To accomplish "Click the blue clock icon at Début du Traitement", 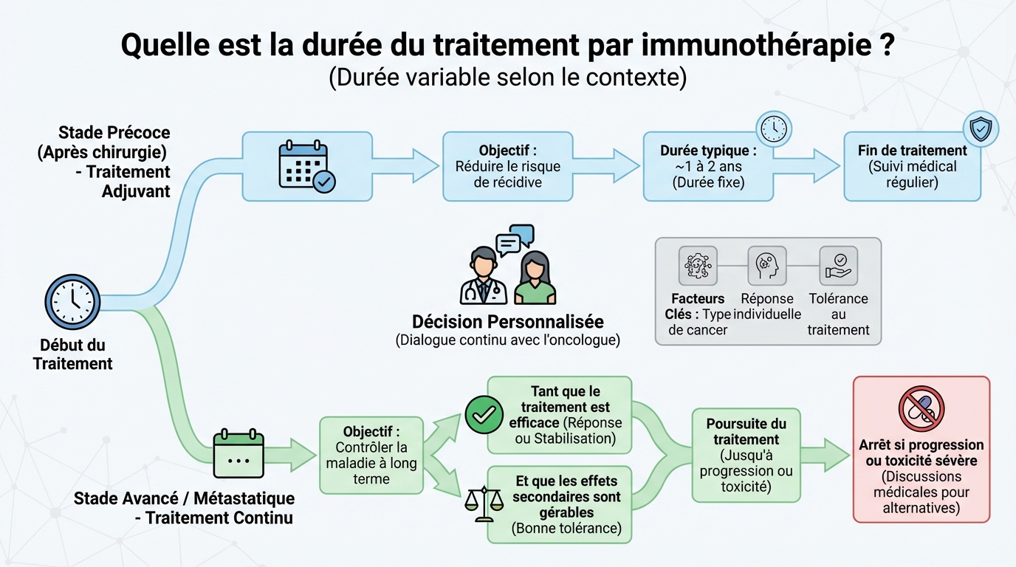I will (72, 302).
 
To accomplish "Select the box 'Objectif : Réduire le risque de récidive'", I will (507, 166).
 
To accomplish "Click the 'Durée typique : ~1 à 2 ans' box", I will (707, 167).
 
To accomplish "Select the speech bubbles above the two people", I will (515, 239).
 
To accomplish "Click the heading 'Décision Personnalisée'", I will (507, 322).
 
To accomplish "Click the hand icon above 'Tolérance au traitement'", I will (838, 266).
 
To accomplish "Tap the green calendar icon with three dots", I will (238, 453).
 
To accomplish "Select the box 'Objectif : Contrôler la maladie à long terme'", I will (371, 455).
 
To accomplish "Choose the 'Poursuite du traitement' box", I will (746, 455).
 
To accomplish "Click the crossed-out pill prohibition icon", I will (921, 408).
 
